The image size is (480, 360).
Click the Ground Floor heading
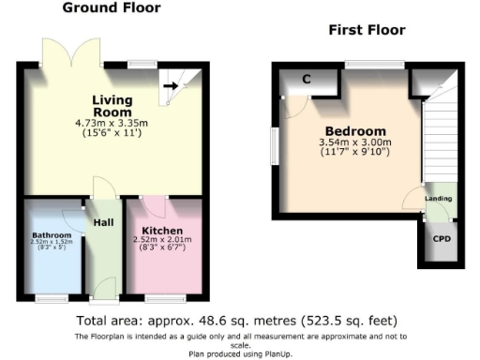pyautogui.click(x=111, y=8)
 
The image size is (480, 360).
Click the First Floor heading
pyautogui.click(x=367, y=30)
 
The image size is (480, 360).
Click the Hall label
pyautogui.click(x=103, y=223)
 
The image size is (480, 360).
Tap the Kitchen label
pyautogui.click(x=162, y=232)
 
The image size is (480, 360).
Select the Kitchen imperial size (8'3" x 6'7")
pyautogui.click(x=162, y=250)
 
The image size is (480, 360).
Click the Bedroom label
pyautogui.click(x=355, y=131)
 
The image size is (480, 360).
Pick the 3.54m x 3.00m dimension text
pyautogui.click(x=355, y=142)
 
